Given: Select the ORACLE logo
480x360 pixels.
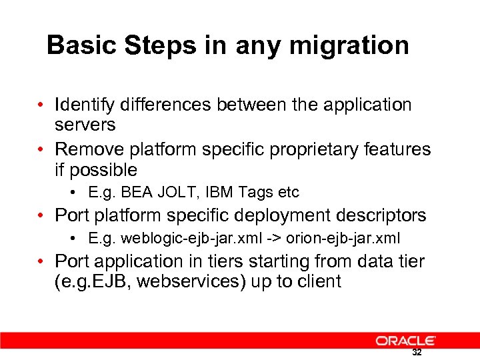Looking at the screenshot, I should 405,341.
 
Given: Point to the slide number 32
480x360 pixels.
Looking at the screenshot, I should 417,352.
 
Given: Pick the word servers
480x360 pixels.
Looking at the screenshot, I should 85,125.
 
